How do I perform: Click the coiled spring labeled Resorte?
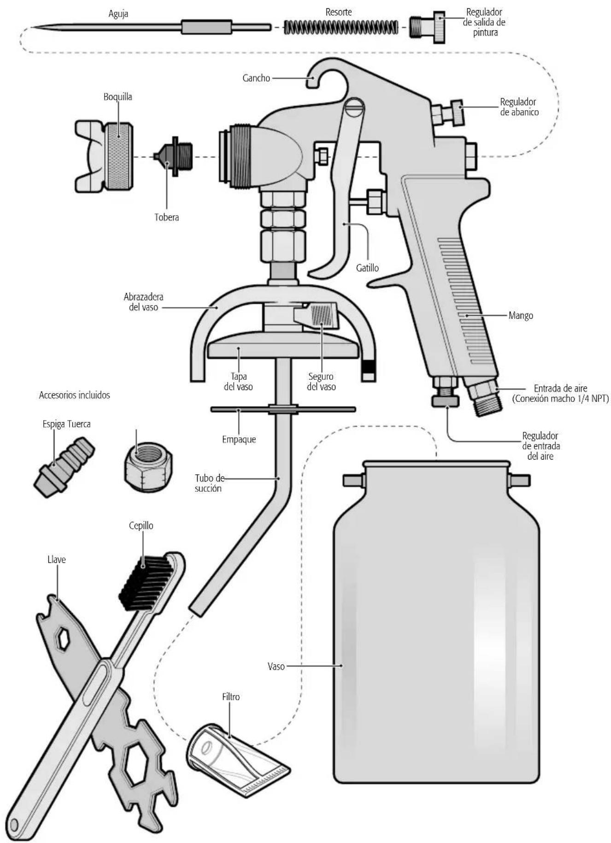pos(341,27)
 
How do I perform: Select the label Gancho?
pos(256,78)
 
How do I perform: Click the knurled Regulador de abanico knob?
pos(457,112)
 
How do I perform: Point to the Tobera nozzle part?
pos(174,156)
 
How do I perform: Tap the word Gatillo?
pos(367,267)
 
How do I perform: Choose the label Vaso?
pos(276,666)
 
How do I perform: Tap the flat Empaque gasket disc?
pos(283,409)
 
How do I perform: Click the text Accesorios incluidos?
pos(75,395)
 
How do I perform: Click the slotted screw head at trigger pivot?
pos(354,106)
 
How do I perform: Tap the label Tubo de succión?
pos(209,483)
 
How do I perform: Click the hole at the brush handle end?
pos(15,823)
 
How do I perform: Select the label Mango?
pos(521,316)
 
